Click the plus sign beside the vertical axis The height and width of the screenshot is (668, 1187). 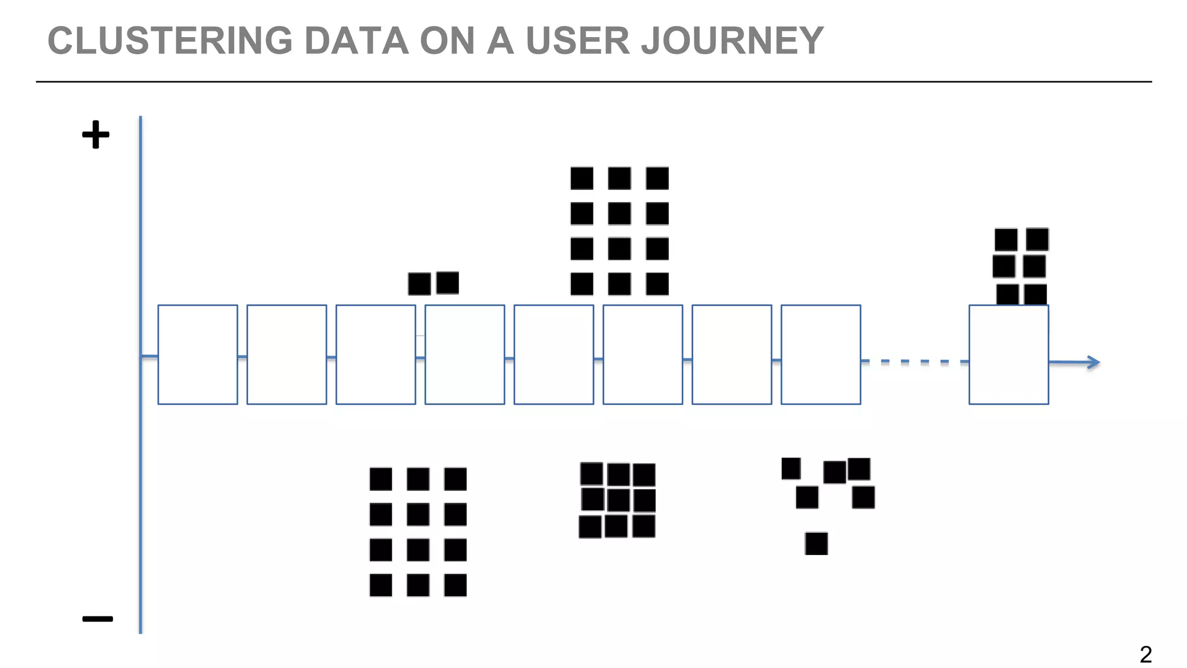pyautogui.click(x=96, y=135)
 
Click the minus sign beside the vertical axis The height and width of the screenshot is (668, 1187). pyautogui.click(x=97, y=619)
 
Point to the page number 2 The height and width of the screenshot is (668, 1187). pyautogui.click(x=1145, y=655)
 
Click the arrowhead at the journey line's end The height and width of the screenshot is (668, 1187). pyautogui.click(x=1094, y=362)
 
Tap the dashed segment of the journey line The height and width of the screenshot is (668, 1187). pyautogui.click(x=915, y=361)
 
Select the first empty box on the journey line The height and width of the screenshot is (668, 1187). pyautogui.click(x=198, y=354)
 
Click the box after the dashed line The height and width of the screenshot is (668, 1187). pyautogui.click(x=1008, y=354)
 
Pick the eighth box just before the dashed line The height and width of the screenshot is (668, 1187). pyautogui.click(x=821, y=354)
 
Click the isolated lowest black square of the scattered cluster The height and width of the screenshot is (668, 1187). pyautogui.click(x=816, y=543)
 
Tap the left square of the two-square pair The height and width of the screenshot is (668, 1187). pyautogui.click(x=419, y=284)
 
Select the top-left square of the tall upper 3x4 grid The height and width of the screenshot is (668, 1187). pyautogui.click(x=581, y=178)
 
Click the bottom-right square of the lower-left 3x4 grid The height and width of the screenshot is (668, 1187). pyautogui.click(x=455, y=585)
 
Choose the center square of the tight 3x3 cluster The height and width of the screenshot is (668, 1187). pyautogui.click(x=618, y=500)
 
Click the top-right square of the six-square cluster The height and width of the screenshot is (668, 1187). pyautogui.click(x=1037, y=239)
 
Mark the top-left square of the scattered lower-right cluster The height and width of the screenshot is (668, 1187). pyautogui.click(x=791, y=469)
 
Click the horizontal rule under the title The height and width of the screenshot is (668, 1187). pyautogui.click(x=593, y=82)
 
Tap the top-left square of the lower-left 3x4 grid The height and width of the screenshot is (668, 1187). pyautogui.click(x=380, y=479)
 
